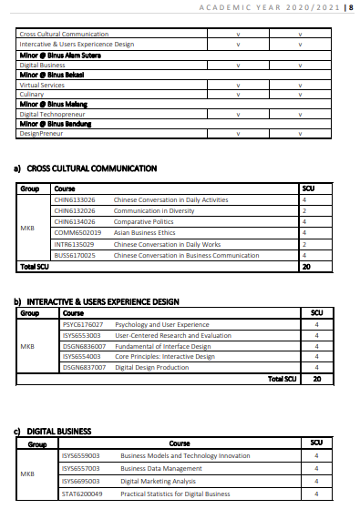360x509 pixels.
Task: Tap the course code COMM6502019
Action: pyautogui.click(x=77, y=232)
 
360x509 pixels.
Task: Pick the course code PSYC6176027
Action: pyautogui.click(x=82, y=324)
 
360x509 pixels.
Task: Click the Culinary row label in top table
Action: pyautogui.click(x=32, y=94)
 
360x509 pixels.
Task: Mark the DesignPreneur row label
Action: pyautogui.click(x=38, y=133)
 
